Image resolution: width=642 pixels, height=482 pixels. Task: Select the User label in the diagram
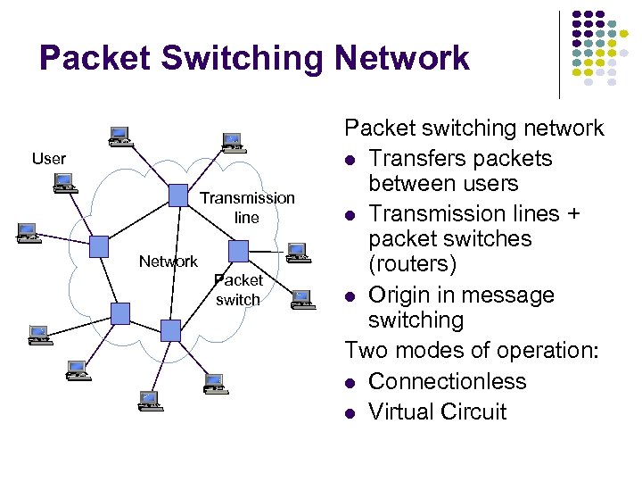49,159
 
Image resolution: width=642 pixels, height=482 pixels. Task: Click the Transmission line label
247,207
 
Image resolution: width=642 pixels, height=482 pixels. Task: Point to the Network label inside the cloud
168,262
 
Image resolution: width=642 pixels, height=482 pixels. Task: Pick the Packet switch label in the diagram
238,290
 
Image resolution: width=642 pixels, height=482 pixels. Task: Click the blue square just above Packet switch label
238,251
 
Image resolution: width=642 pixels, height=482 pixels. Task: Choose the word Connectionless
447,382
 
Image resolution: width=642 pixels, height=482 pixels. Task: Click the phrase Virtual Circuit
437,412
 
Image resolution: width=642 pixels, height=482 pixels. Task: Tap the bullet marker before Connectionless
351,383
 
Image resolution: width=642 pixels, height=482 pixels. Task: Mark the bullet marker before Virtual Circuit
351,413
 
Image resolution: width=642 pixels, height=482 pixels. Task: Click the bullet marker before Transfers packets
351,160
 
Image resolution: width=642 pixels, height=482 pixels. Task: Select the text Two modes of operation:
473,351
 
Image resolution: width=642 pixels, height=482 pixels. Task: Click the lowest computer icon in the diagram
149,401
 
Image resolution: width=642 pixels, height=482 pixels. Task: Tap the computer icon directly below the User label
63,184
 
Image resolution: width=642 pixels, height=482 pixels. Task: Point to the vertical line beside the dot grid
559,54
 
